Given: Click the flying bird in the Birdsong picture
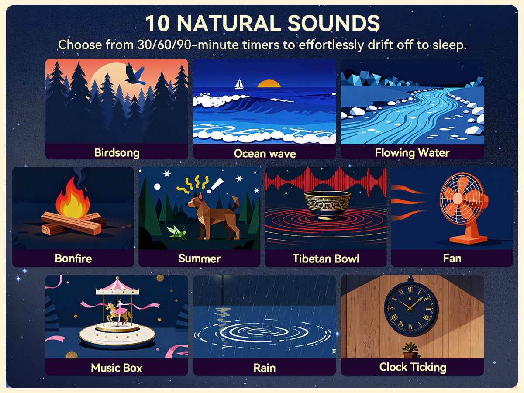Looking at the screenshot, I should (135, 74).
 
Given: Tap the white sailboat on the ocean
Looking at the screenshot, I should (239, 84).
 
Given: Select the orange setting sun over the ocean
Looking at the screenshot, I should (269, 83).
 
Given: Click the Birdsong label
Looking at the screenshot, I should (117, 152).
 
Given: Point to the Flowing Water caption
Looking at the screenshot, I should (412, 152).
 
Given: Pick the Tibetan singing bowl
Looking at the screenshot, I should (327, 203).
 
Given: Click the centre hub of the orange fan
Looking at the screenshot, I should (458, 197).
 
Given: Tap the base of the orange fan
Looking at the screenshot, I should (468, 239).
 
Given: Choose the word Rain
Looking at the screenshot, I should (264, 368).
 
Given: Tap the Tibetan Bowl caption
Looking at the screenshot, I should (325, 259).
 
